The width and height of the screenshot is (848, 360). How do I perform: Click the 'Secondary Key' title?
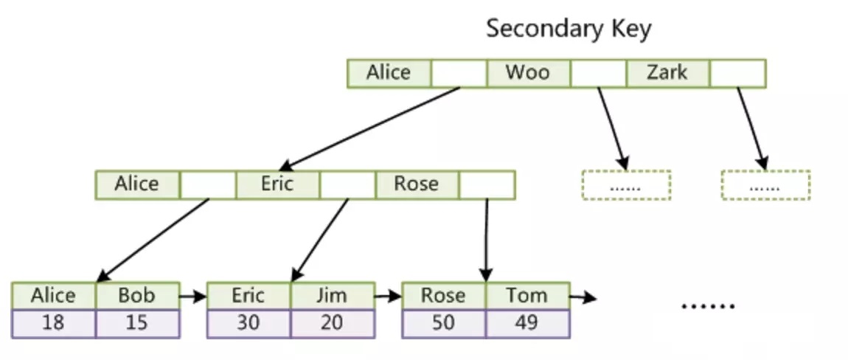569,29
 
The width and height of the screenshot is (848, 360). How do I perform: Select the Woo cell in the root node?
528,73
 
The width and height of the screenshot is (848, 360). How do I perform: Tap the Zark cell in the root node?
667,73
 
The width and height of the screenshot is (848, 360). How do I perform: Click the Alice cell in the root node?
389,73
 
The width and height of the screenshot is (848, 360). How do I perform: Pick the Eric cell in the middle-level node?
277,184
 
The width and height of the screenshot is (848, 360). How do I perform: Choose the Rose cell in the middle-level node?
417,184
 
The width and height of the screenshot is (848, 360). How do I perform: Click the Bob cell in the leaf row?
137,296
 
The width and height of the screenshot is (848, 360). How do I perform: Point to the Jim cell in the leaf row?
333,296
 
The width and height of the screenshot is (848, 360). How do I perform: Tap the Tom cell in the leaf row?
527,296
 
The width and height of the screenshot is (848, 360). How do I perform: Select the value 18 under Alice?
54,324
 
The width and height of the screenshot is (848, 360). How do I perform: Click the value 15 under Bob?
137,324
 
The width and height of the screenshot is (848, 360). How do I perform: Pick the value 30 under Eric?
249,324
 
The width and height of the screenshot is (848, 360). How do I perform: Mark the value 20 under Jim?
333,324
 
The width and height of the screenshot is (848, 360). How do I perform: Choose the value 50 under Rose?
444,324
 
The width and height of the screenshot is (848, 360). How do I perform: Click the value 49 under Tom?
527,324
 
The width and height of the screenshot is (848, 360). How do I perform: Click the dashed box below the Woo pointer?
626,185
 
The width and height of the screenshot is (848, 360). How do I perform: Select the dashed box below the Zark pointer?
765,185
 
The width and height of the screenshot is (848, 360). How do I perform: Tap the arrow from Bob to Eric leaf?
193,296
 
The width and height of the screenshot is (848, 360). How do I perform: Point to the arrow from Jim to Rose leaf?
389,296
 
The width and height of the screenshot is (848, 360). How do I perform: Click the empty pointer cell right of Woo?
598,73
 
